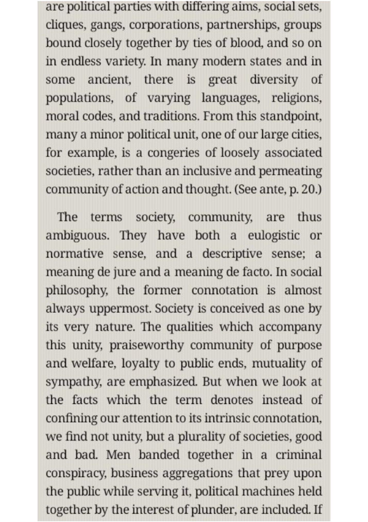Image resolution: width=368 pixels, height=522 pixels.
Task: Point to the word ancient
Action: pos(109,80)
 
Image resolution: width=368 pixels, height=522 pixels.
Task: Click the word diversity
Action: pos(274,80)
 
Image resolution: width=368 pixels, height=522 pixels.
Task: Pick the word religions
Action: pos(296,98)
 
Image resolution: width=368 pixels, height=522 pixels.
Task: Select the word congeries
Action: pos(173,153)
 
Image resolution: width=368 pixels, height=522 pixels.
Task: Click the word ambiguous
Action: pos(77,236)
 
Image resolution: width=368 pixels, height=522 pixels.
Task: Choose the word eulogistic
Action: pos(274,236)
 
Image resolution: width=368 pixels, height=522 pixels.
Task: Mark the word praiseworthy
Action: pos(147,345)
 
